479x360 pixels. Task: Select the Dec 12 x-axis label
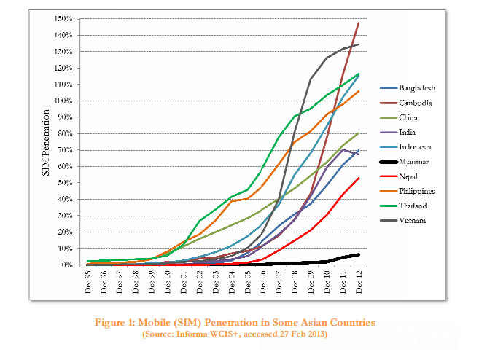pyautogui.click(x=358, y=281)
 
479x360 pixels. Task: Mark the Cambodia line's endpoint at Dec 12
pyautogui.click(x=358, y=23)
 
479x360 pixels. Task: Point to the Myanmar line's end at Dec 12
pyautogui.click(x=358, y=254)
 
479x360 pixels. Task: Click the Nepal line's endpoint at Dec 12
pyautogui.click(x=358, y=178)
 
